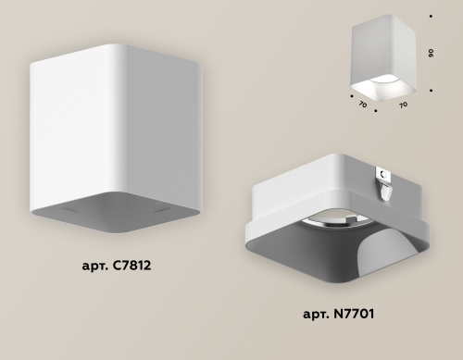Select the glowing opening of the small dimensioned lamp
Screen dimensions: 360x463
point(380,87)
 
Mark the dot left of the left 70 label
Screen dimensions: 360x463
point(352,93)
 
